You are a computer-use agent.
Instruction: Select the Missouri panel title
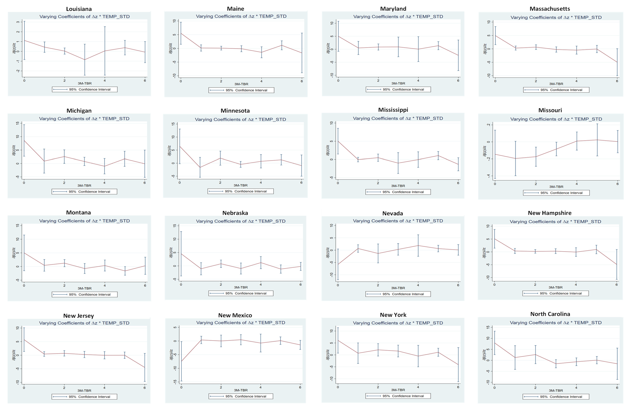pyautogui.click(x=550, y=110)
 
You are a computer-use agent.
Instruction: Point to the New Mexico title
pyautogui.click(x=235, y=315)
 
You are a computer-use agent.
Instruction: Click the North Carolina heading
pyautogui.click(x=550, y=314)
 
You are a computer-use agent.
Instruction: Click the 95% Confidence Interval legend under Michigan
pyautogui.click(x=84, y=192)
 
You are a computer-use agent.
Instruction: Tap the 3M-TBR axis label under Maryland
pyautogui.click(x=398, y=83)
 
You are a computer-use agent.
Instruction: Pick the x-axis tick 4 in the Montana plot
pyautogui.click(x=105, y=286)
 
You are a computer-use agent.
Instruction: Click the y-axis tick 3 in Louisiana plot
pyautogui.click(x=18, y=22)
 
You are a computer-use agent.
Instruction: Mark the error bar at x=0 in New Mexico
pyautogui.click(x=181, y=361)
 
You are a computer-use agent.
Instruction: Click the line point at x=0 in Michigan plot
pyautogui.click(x=24, y=140)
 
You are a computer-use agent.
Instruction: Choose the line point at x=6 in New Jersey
pyautogui.click(x=145, y=367)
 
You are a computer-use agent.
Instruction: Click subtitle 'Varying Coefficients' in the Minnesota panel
pyautogui.click(x=240, y=119)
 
